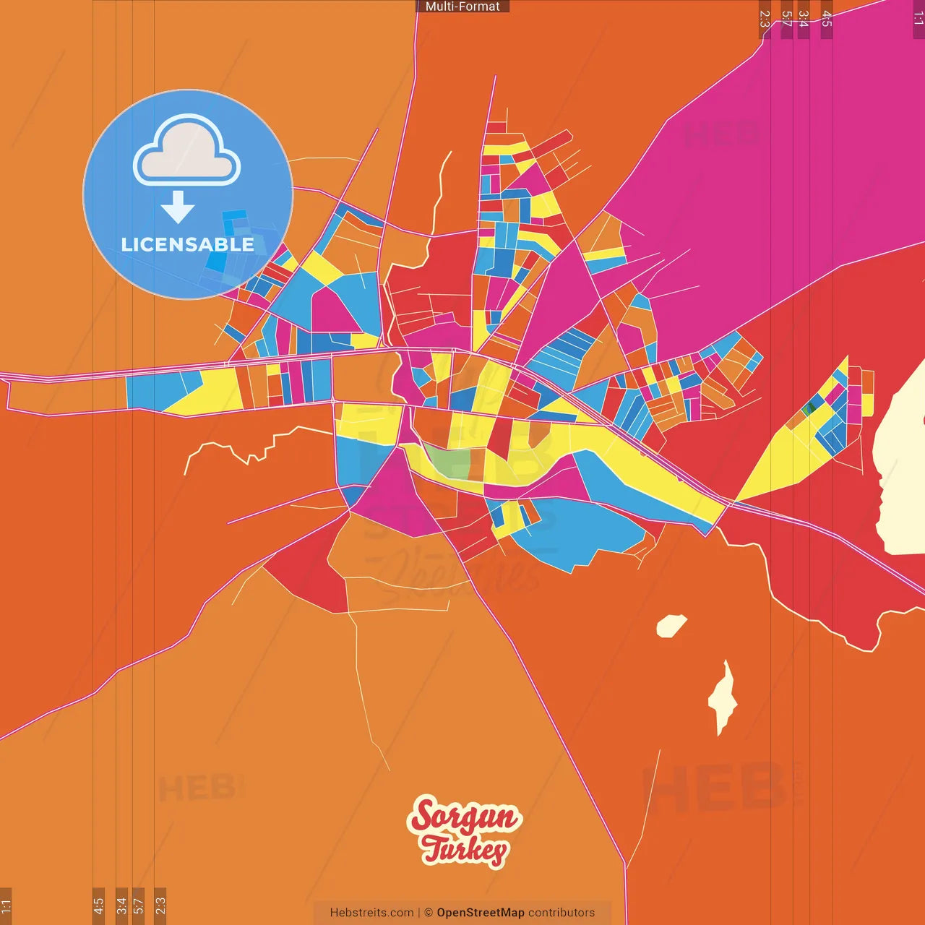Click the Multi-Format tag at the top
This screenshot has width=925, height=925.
(x=462, y=7)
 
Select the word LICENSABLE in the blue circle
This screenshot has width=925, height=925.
(x=188, y=244)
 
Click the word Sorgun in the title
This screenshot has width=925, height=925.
(x=464, y=817)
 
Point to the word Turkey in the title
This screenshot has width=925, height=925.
(x=465, y=849)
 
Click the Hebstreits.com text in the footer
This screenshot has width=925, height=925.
(x=371, y=913)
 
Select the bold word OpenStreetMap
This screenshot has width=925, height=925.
(x=481, y=913)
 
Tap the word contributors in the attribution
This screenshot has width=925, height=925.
(x=562, y=913)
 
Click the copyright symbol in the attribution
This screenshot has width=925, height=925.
(x=428, y=913)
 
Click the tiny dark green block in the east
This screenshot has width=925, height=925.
(x=809, y=409)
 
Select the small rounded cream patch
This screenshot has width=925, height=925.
(x=671, y=625)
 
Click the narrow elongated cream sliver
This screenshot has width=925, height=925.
(x=723, y=697)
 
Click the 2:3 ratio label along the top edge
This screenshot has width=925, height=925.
(x=765, y=20)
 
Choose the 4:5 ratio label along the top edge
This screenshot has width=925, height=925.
(x=827, y=20)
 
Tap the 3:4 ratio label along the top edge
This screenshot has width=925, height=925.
(x=803, y=20)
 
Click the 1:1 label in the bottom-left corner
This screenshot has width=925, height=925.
(x=6, y=905)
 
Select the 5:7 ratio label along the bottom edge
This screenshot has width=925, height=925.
(x=138, y=905)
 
